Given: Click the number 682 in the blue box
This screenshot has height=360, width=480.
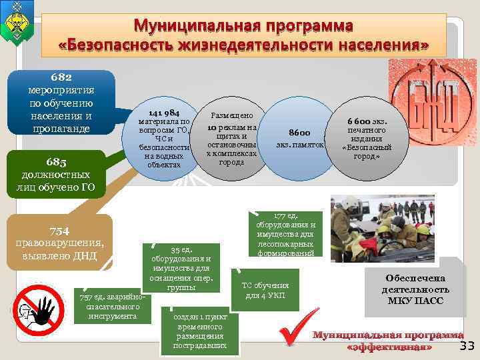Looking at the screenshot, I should (61, 77).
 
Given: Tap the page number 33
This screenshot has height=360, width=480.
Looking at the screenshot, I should (467, 345).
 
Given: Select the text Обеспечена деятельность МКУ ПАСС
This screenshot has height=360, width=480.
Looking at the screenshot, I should (415, 289).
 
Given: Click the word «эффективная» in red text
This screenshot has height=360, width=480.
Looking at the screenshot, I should (389, 347).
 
